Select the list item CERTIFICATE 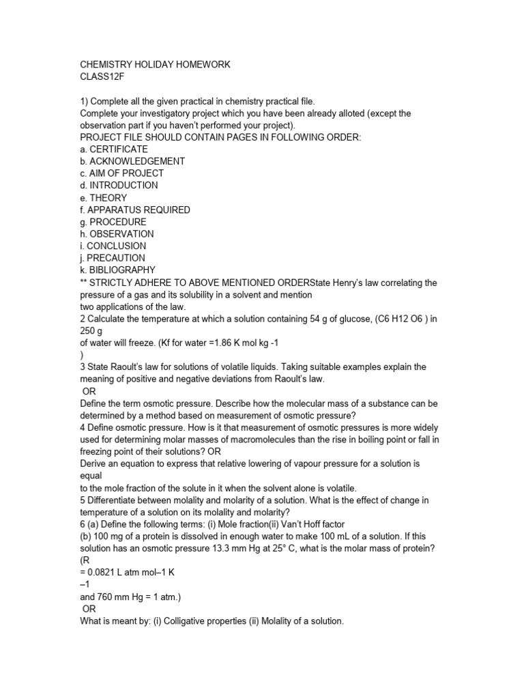pos(119,149)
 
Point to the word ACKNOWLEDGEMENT pos(137,162)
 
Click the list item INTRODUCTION pos(123,186)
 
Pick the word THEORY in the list pos(108,198)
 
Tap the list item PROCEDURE pos(119,222)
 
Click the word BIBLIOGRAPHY pos(123,270)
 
